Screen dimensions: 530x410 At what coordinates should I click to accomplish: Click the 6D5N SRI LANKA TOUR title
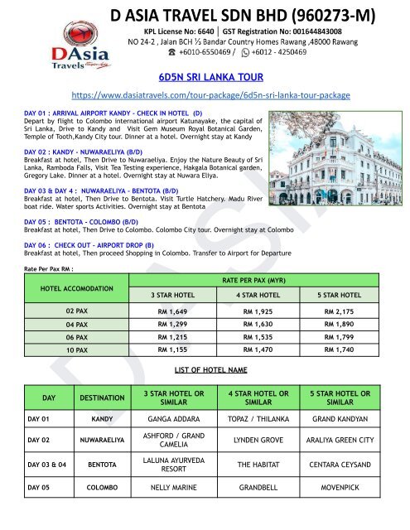pos(205,74)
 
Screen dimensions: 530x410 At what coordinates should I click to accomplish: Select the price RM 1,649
pos(181,314)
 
